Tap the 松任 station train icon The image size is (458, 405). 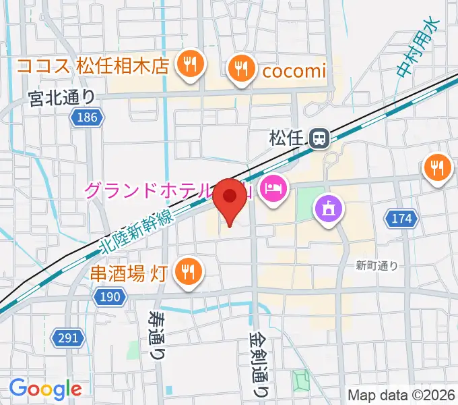click(x=319, y=139)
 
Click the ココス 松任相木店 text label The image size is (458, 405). click(x=92, y=66)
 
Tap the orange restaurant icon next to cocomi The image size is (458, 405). click(x=240, y=70)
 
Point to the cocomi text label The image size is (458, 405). click(x=294, y=70)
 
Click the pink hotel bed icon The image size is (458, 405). click(x=273, y=187)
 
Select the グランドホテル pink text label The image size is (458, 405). click(x=155, y=189)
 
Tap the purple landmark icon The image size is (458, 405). click(x=328, y=207)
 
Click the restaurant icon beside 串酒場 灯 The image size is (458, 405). click(x=186, y=271)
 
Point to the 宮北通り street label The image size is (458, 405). click(x=62, y=99)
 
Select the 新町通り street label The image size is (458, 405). click(x=377, y=266)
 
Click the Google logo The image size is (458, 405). click(x=45, y=389)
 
